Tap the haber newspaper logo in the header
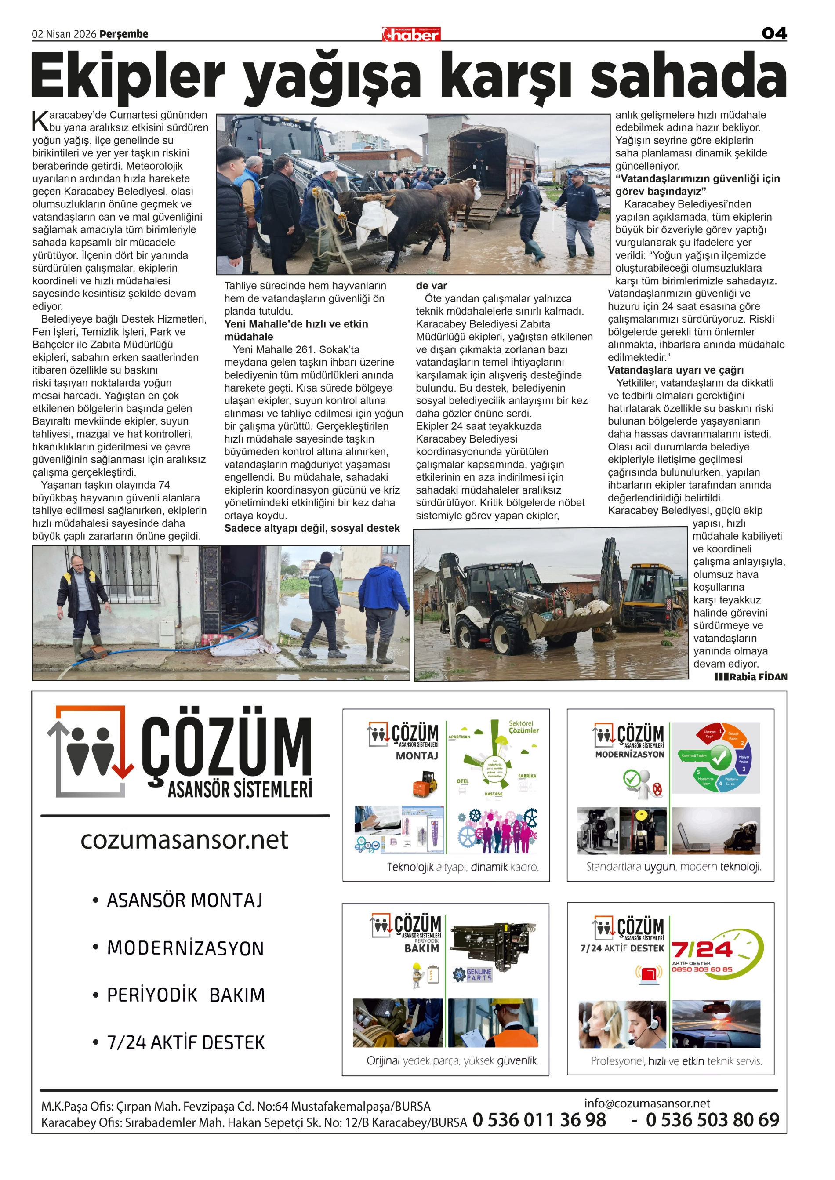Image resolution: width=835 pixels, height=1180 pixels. pyautogui.click(x=411, y=34)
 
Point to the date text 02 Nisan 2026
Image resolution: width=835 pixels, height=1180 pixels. pyautogui.click(x=64, y=34)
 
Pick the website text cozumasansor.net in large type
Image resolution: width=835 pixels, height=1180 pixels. pyautogui.click(x=184, y=840)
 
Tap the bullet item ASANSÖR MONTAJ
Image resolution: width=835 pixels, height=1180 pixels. pyautogui.click(x=185, y=901)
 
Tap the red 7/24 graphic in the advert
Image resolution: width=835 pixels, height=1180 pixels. pyautogui.click(x=702, y=949)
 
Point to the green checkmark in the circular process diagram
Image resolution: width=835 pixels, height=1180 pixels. pyautogui.click(x=720, y=757)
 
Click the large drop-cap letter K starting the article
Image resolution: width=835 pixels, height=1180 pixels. pyautogui.click(x=40, y=121)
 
